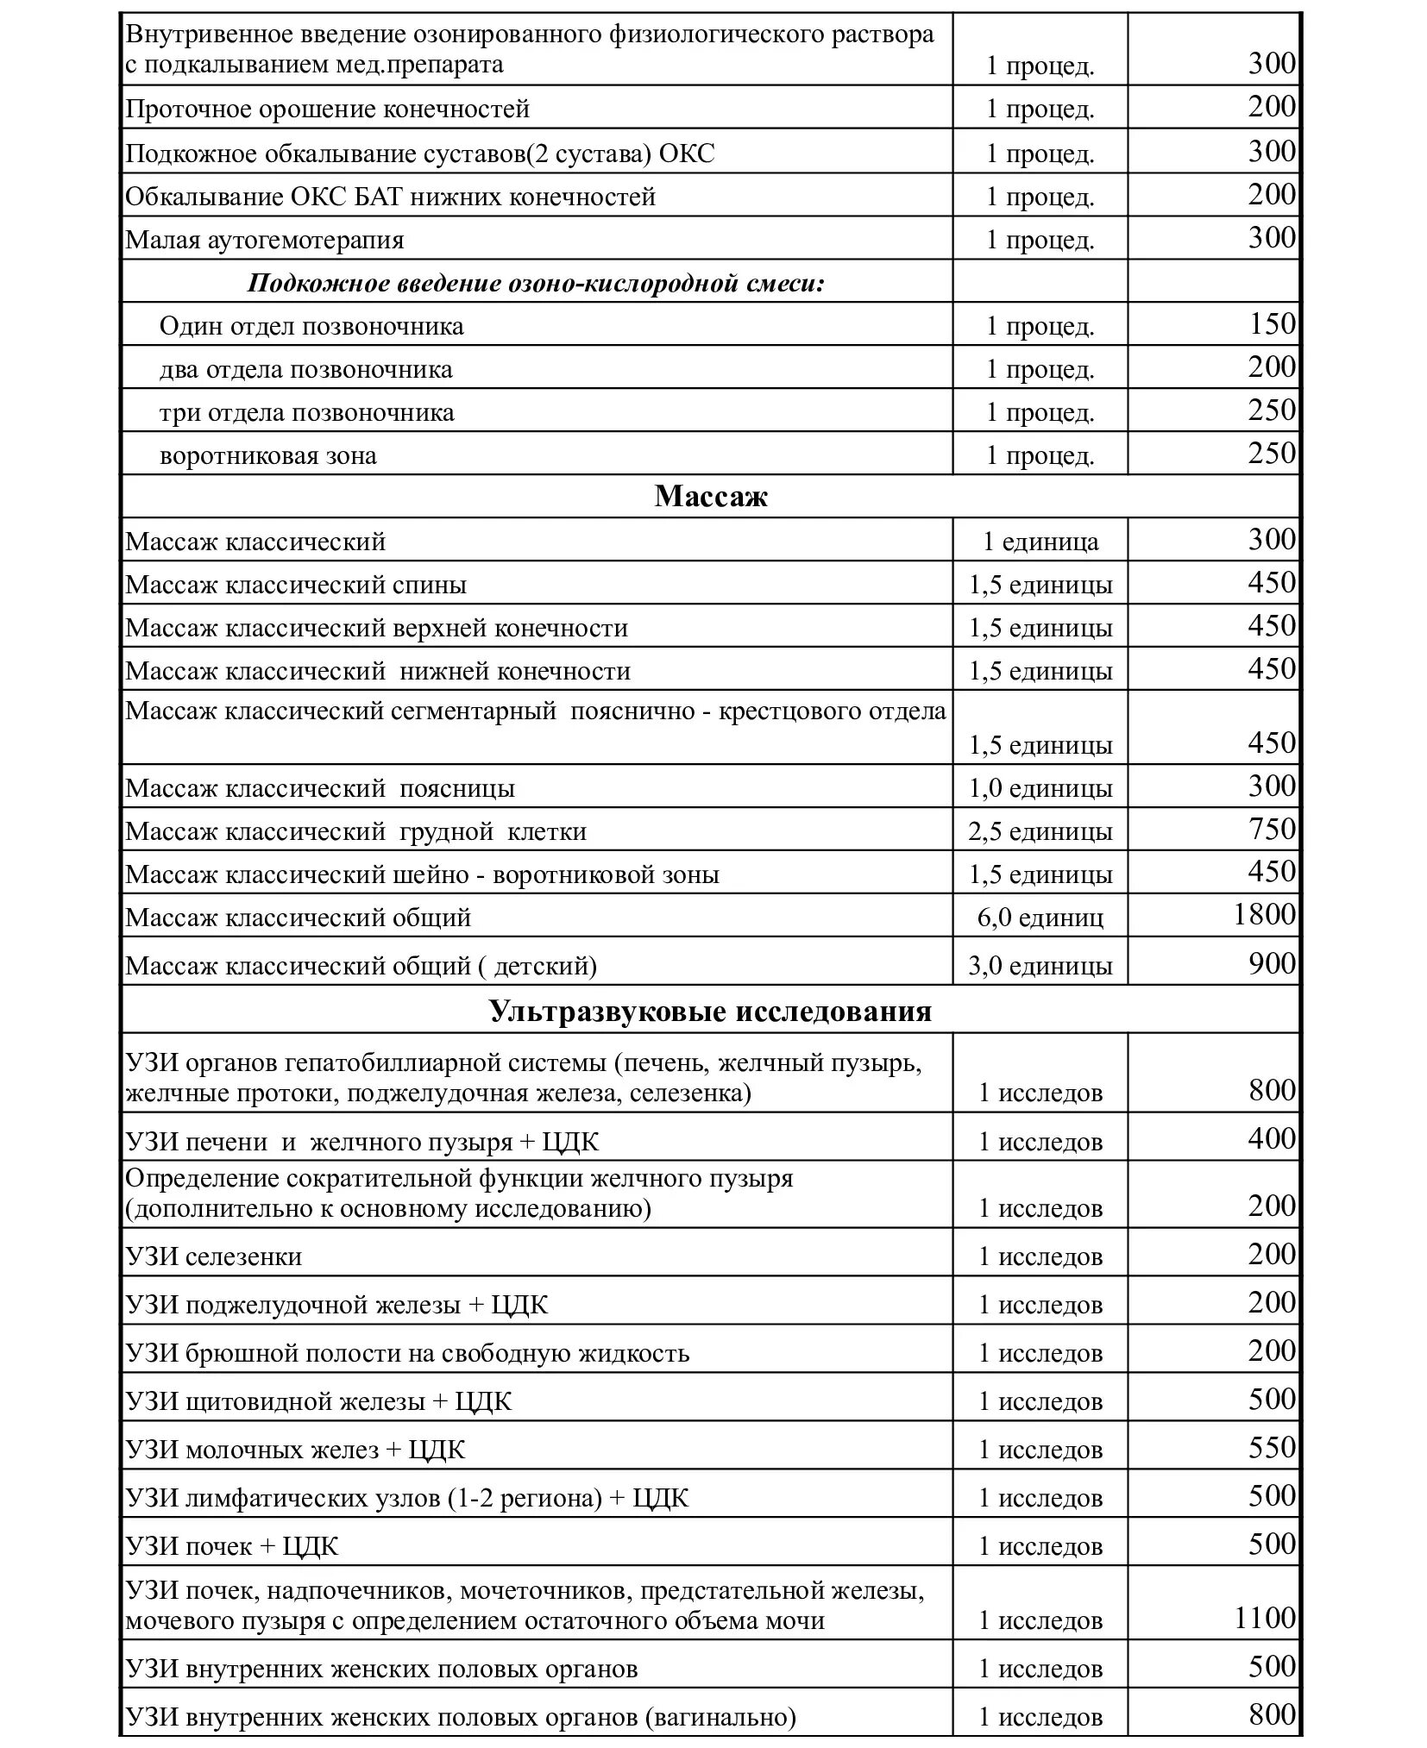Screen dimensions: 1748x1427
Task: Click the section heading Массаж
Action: point(710,497)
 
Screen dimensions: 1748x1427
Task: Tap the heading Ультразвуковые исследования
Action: point(710,1010)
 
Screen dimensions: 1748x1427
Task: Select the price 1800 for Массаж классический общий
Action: point(1264,914)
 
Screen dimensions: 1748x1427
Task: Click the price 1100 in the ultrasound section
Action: point(1264,1618)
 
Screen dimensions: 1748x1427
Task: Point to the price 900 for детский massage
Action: point(1272,963)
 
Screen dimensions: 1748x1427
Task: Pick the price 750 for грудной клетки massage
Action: point(1272,829)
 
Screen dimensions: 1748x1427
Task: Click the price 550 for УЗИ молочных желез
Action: point(1272,1447)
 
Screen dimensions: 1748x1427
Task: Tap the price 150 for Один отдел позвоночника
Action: point(1272,324)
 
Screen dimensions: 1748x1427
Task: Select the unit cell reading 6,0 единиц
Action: point(1040,917)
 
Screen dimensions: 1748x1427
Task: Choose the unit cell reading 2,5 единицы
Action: point(1040,831)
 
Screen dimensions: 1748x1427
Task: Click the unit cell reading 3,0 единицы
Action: point(1040,966)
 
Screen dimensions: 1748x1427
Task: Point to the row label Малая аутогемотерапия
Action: point(265,240)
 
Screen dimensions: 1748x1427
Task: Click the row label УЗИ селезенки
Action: point(214,1256)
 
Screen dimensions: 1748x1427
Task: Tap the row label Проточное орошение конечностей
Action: point(328,110)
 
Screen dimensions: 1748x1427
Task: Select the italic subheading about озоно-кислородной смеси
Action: point(536,283)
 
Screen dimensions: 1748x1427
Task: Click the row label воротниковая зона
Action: point(268,455)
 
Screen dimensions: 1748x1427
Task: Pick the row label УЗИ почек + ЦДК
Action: point(232,1546)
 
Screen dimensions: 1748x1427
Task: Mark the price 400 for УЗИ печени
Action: point(1272,1139)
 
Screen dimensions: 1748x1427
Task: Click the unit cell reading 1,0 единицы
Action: point(1040,788)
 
